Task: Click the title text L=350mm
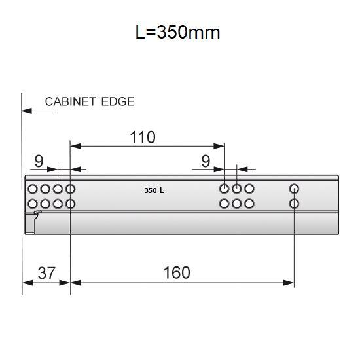(x=178, y=32)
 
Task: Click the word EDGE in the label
(x=119, y=101)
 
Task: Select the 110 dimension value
(x=142, y=137)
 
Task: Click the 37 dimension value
(x=46, y=272)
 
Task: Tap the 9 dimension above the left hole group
(x=39, y=160)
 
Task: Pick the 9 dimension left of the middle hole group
(x=206, y=160)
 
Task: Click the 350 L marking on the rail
(x=154, y=192)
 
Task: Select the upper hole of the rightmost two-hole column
(x=294, y=189)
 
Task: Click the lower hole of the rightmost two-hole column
(x=294, y=204)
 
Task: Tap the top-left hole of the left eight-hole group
(x=33, y=189)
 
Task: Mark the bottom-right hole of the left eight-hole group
(x=70, y=204)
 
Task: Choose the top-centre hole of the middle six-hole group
(x=237, y=189)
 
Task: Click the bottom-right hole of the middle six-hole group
(x=249, y=204)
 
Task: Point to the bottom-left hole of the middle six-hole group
(x=225, y=204)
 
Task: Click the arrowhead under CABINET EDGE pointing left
(x=27, y=111)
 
